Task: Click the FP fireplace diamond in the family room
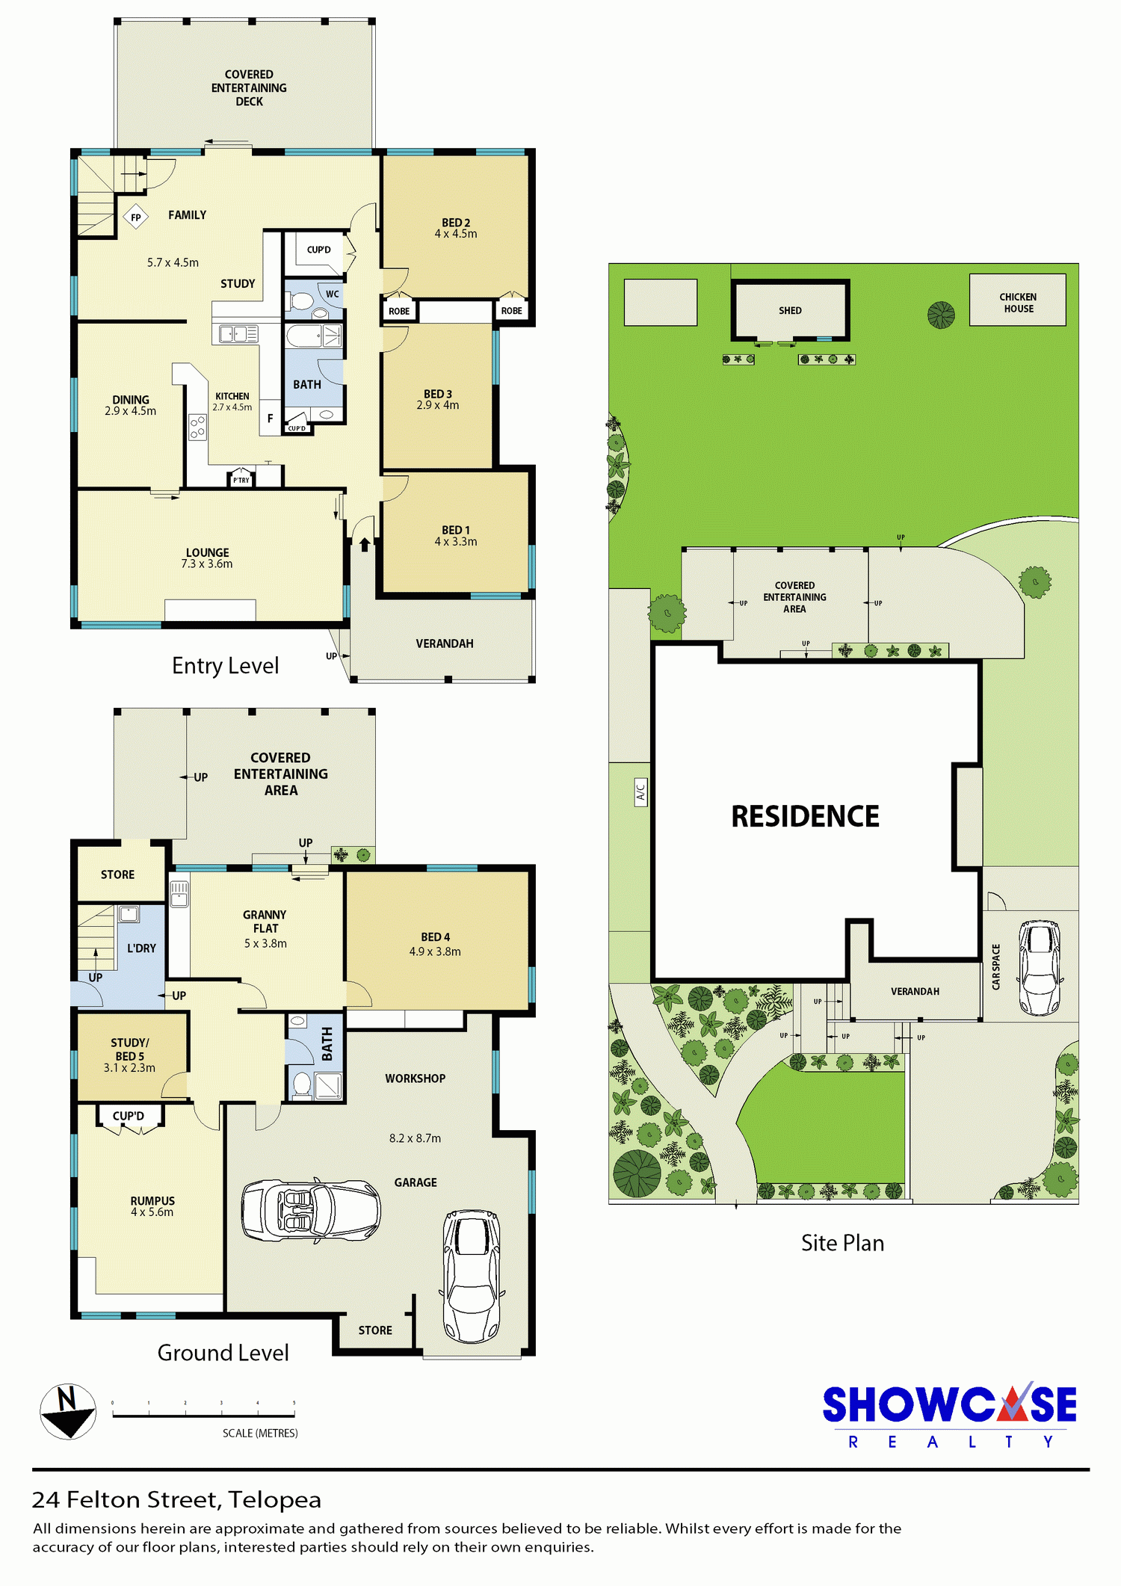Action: point(135,217)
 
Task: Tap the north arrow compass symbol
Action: point(68,1411)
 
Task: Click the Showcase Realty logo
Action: point(949,1415)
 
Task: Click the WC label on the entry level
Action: point(332,294)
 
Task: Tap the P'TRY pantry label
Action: point(241,480)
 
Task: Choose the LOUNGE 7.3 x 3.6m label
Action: point(207,558)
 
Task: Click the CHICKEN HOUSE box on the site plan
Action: point(1018,300)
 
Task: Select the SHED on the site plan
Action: point(790,310)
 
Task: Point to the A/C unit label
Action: point(640,791)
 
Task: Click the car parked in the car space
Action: point(1040,967)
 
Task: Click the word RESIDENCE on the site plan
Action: point(805,817)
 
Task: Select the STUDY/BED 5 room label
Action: point(129,1055)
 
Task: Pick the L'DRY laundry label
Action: point(141,948)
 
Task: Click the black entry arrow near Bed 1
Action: point(365,544)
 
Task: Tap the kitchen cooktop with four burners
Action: point(197,428)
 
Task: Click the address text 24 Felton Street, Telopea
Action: point(176,1499)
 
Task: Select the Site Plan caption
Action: point(842,1243)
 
